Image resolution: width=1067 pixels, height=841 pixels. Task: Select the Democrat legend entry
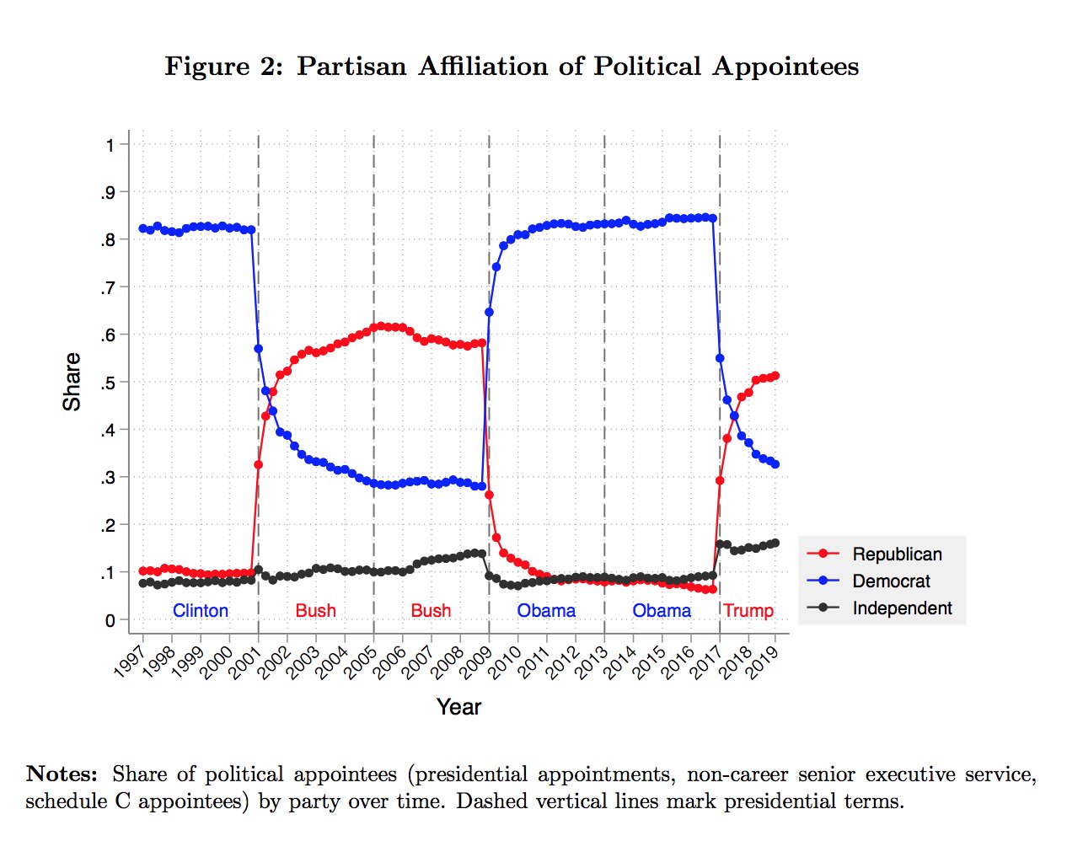pos(891,581)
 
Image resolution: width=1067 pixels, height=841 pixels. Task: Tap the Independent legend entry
pos(902,608)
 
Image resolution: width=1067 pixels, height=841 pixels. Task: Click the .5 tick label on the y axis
pos(110,383)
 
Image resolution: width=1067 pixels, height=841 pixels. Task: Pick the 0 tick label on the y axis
pos(110,621)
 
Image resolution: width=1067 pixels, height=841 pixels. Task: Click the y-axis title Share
pos(72,382)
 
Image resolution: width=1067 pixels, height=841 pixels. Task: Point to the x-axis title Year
pos(458,707)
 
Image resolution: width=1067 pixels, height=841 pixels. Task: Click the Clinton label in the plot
pos(201,610)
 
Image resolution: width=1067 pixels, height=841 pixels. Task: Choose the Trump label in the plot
pos(748,610)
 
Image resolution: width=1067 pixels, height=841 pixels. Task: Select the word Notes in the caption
pos(62,774)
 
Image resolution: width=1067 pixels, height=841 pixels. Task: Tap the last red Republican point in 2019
pos(775,376)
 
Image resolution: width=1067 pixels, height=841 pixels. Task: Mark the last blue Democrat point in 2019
pos(775,464)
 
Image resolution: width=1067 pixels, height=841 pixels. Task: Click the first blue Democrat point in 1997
pos(143,228)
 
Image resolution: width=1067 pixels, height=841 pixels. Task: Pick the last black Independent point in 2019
pos(775,544)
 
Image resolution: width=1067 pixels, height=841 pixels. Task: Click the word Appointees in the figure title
pos(785,67)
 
